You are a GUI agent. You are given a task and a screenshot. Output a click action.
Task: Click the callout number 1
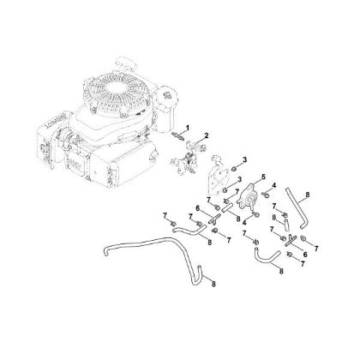[x=188, y=127]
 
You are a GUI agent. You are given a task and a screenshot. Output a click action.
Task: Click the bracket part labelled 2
[x=189, y=152]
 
